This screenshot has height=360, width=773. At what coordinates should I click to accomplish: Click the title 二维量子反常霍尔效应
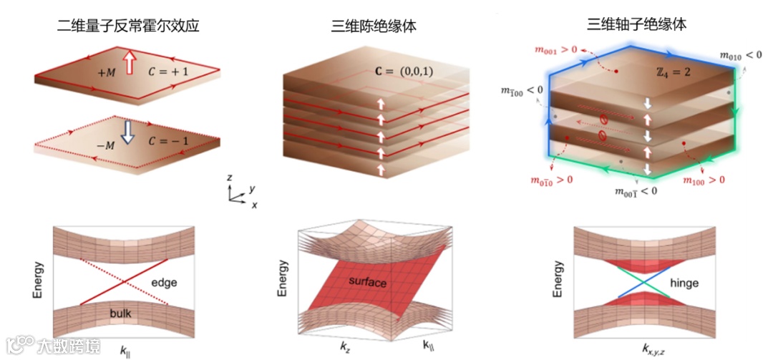127,26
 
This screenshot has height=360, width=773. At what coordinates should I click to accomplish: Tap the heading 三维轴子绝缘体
636,24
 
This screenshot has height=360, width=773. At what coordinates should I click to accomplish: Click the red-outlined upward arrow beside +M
130,62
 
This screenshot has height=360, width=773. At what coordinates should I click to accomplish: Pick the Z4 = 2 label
673,74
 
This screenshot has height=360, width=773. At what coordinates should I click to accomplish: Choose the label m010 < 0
741,54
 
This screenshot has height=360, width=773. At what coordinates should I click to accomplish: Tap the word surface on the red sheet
368,283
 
